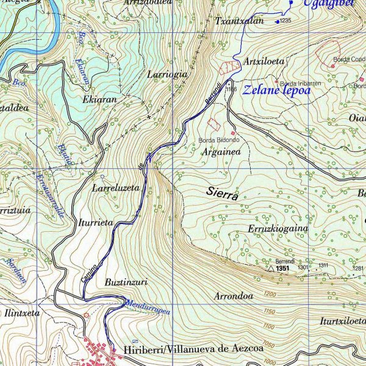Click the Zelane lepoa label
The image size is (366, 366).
click(x=276, y=91)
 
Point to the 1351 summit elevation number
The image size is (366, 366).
click(x=282, y=268)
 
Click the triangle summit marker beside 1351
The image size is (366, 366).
click(x=270, y=267)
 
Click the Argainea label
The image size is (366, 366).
click(x=221, y=152)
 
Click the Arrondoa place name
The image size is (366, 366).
click(x=234, y=296)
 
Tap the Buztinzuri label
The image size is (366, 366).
click(x=126, y=282)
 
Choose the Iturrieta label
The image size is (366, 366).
click(x=96, y=223)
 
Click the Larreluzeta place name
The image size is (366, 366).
click(x=116, y=188)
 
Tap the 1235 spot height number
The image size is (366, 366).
click(x=285, y=21)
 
